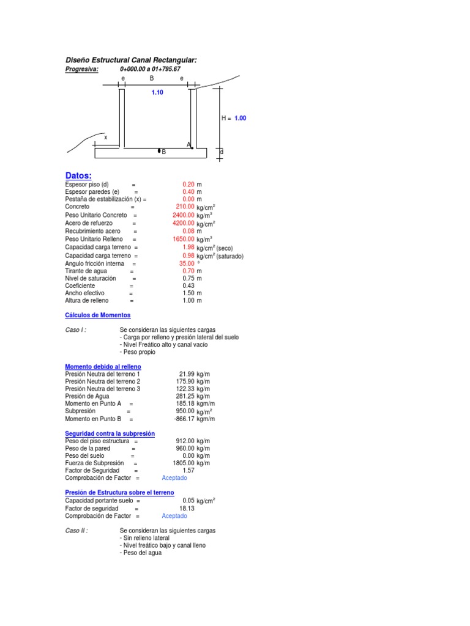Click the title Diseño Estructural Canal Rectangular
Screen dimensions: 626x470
coord(131,60)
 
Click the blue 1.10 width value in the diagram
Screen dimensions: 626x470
coord(157,92)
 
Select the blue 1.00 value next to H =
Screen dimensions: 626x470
coord(240,118)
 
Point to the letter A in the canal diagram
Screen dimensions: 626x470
coord(188,144)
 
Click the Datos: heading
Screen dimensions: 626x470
coord(78,175)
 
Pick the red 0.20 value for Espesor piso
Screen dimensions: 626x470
coord(188,184)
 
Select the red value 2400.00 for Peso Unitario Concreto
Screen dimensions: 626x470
coord(183,215)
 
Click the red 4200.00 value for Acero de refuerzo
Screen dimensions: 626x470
coord(183,223)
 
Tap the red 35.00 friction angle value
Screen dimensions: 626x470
coord(186,263)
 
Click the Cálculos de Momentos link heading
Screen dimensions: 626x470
coord(97,315)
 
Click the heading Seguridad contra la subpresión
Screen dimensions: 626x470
coord(110,433)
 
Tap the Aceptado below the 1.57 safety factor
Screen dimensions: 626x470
coord(174,478)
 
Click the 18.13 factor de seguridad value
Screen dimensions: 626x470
coord(187,508)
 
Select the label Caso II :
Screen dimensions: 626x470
coord(76,531)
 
